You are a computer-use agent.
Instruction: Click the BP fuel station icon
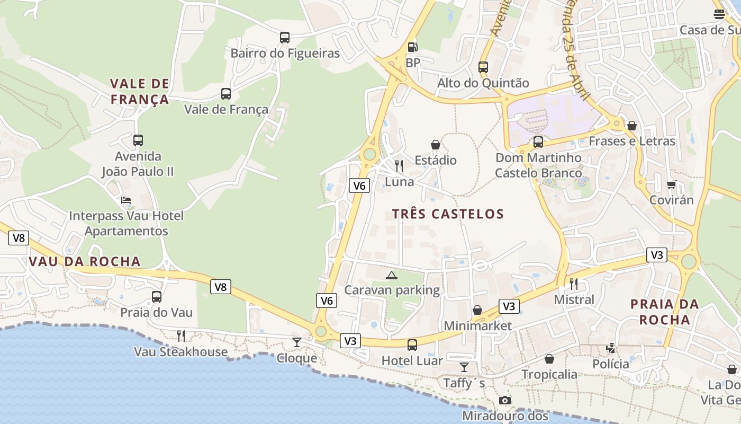412,47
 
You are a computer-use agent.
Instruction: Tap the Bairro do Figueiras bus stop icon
285,38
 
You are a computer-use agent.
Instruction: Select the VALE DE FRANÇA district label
140,91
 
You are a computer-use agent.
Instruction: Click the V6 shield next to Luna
359,185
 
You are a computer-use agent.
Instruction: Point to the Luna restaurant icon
399,166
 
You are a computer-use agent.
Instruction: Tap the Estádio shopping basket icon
435,145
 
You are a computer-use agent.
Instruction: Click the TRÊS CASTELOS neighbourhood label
448,214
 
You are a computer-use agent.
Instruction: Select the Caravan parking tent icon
391,275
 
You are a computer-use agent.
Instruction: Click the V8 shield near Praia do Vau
221,287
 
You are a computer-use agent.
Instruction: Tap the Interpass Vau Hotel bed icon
126,200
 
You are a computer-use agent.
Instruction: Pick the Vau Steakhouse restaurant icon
181,335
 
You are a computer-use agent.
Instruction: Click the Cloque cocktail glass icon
297,342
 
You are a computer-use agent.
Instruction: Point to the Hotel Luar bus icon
412,345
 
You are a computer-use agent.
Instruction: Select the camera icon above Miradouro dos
505,400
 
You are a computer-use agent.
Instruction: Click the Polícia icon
611,348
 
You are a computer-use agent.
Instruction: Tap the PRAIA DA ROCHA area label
665,312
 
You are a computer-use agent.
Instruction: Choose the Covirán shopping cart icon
672,184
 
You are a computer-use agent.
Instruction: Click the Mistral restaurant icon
574,284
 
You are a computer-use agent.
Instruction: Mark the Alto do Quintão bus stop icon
483,67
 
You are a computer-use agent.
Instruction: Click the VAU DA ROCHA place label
85,261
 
